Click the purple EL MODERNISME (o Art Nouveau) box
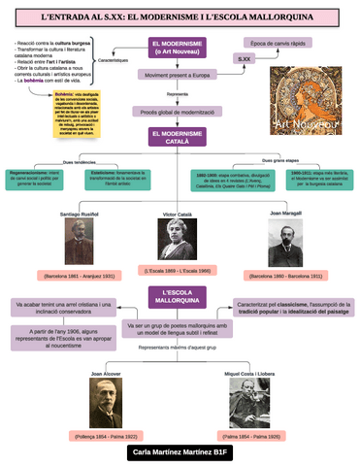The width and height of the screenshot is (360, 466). pos(180,48)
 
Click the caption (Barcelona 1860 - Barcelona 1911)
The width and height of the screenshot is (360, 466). pos(285,277)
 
